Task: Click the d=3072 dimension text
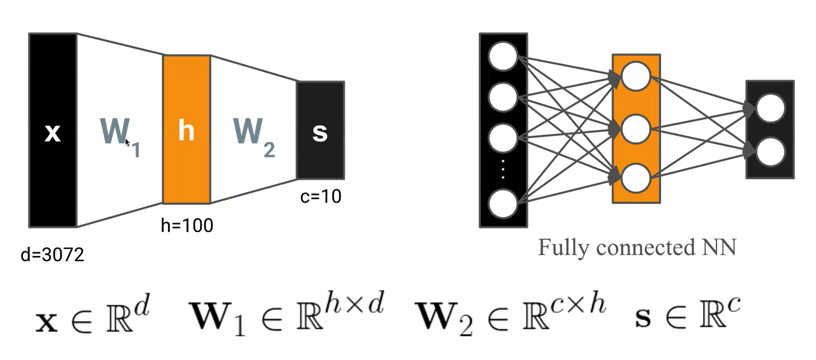[52, 255]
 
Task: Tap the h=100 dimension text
[187, 226]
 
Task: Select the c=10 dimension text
[321, 196]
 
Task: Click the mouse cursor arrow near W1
[127, 142]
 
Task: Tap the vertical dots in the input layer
[503, 170]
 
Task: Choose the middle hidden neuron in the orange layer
[636, 129]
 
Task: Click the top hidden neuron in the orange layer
[636, 76]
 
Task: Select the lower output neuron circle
[770, 152]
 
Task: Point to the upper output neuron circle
[770, 108]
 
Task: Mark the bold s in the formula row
[643, 319]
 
